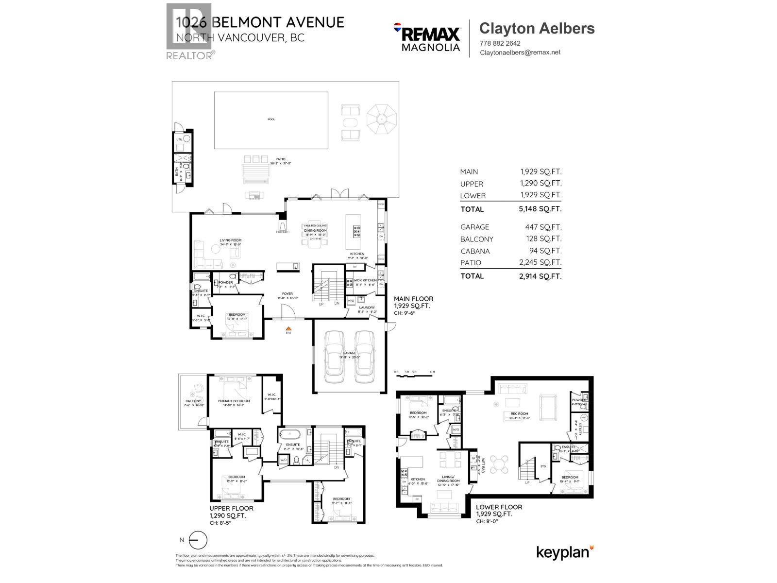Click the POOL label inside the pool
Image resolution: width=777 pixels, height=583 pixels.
point(271,119)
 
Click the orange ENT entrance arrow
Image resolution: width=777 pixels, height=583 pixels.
point(288,330)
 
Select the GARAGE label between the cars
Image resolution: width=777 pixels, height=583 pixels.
point(349,353)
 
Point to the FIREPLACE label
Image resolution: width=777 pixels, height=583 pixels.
point(283,232)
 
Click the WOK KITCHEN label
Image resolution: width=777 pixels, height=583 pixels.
point(365,280)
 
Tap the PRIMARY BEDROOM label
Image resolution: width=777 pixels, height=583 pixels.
point(234,401)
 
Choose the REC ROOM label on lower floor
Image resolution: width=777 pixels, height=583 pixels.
point(519,414)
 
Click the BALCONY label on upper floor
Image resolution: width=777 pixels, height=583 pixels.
point(193,401)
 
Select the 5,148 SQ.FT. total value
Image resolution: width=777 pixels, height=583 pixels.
point(540,209)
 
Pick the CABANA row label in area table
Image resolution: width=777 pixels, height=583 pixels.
point(475,251)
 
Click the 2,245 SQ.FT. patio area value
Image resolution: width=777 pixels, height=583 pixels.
point(540,262)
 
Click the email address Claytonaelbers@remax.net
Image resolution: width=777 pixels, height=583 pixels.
point(520,52)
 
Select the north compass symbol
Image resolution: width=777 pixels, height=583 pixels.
point(198,540)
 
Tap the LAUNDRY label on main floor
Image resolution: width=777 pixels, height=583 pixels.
point(367,308)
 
